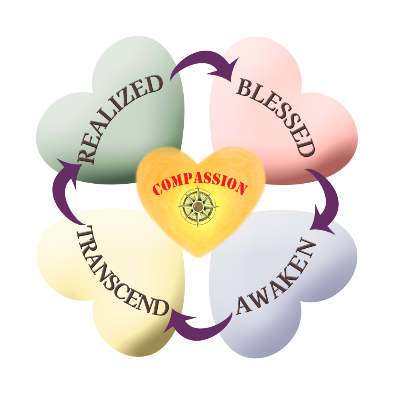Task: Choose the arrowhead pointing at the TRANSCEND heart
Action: click(177, 321)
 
